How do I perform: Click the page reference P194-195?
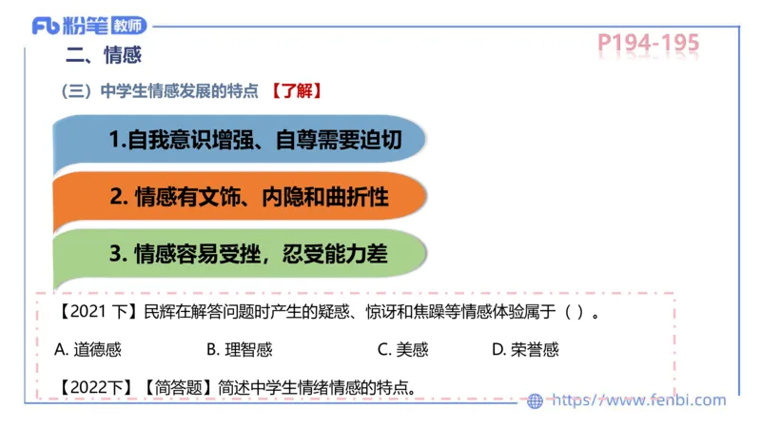(x=649, y=43)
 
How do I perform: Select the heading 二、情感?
(x=102, y=55)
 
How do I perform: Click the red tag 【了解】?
(x=295, y=91)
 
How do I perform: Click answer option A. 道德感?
(x=88, y=349)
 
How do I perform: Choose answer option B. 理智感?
(x=239, y=349)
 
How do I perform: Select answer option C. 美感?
(x=402, y=349)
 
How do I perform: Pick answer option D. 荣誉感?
(x=525, y=349)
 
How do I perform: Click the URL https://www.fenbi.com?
(x=638, y=400)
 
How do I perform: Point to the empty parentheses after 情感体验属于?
(x=575, y=311)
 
